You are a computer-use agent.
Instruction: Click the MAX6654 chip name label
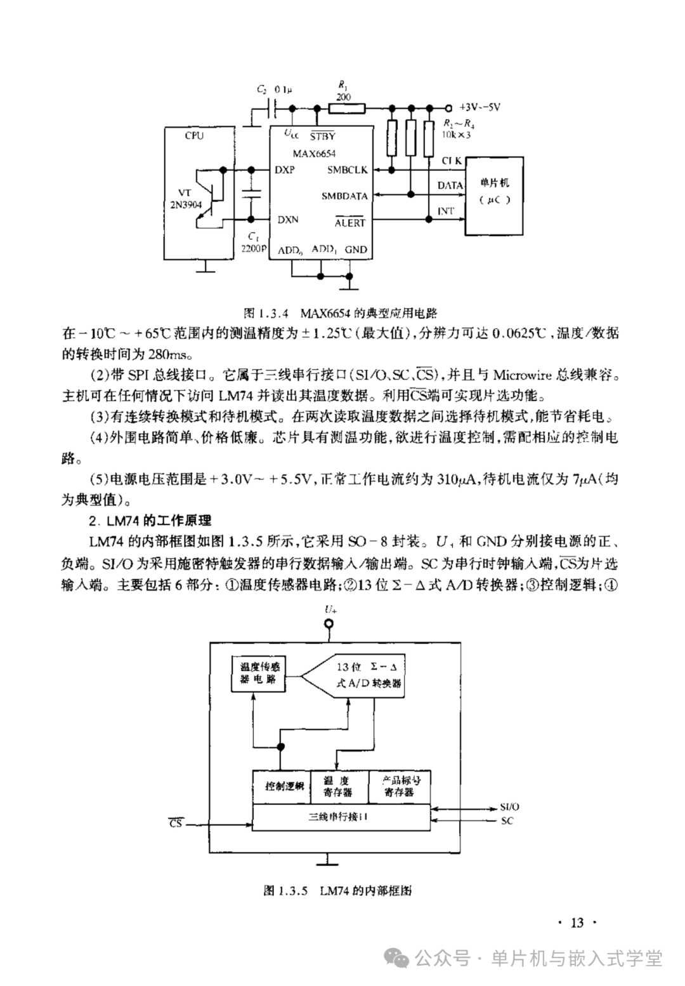pyautogui.click(x=314, y=153)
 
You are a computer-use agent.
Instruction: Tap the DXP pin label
pyautogui.click(x=285, y=170)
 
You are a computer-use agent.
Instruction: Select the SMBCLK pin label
pyautogui.click(x=347, y=170)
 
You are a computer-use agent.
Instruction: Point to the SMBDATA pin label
pyautogui.click(x=344, y=196)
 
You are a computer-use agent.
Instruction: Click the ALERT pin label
pyautogui.click(x=350, y=223)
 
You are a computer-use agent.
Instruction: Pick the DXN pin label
pyautogui.click(x=287, y=220)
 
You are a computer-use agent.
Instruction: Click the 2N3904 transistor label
pyautogui.click(x=186, y=204)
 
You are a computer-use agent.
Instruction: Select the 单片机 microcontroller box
pyautogui.click(x=494, y=196)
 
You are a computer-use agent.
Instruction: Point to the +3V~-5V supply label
pyautogui.click(x=480, y=107)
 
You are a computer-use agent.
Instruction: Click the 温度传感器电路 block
pyautogui.click(x=258, y=673)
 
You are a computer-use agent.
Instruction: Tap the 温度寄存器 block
pyautogui.click(x=337, y=787)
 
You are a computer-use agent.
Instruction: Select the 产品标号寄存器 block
pyautogui.click(x=400, y=787)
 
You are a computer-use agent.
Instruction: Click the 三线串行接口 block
pyautogui.click(x=341, y=817)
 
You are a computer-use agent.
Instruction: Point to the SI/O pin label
pyautogui.click(x=510, y=807)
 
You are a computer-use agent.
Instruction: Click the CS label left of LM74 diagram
pyautogui.click(x=175, y=823)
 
